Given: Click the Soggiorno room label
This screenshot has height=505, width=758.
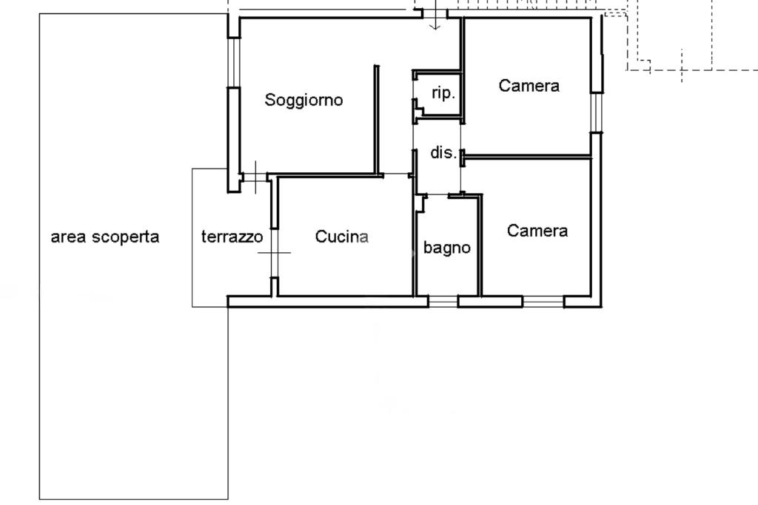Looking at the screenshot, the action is point(303,100).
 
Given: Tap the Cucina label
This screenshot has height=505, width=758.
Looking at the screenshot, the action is point(342,236).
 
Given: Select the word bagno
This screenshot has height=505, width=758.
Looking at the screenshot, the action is point(446,248).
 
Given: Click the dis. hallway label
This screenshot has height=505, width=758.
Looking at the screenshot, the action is point(443,152).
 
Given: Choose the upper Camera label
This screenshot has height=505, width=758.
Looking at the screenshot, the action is point(529,86).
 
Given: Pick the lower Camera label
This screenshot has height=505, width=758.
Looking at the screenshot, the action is point(537,230).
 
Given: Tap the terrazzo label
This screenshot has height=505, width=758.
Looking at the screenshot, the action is point(232,237).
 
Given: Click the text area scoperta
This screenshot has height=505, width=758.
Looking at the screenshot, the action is point(105,237).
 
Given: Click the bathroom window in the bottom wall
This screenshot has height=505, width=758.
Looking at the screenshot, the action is point(443,302).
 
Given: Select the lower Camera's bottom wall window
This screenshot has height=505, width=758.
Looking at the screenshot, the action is point(543,302).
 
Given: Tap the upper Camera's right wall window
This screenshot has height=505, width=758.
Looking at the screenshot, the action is point(597,112).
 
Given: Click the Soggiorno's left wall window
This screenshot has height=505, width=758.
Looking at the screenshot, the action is point(234,62).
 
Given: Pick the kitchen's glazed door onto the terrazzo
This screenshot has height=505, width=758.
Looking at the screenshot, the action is point(275,253).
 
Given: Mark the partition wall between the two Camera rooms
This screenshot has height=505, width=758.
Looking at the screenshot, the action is point(528,157).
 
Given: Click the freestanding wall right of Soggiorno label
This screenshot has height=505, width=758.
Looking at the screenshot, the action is point(377,121).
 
